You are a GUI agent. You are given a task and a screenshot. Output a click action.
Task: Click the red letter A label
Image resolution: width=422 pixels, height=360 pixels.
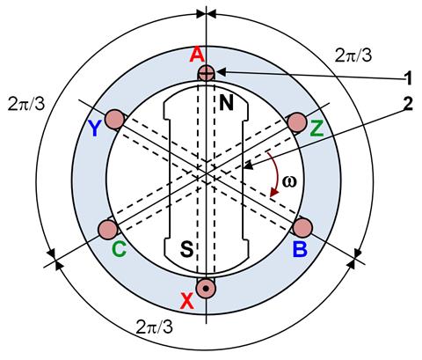[197, 55]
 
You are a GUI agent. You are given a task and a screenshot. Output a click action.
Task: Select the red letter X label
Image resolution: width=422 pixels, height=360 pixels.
[187, 301]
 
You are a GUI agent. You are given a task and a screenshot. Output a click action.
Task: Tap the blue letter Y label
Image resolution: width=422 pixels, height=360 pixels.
[94, 129]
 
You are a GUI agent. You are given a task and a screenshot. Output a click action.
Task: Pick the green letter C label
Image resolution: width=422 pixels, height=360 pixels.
[119, 249]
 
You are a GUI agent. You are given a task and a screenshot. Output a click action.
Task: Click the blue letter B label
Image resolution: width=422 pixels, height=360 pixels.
[300, 249]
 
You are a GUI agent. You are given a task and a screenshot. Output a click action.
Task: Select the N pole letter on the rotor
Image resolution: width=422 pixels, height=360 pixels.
[226, 103]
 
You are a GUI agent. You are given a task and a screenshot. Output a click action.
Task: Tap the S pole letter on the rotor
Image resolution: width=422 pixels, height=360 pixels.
[186, 249]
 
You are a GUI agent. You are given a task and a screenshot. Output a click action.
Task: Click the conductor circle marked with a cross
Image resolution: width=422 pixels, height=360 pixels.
[207, 72]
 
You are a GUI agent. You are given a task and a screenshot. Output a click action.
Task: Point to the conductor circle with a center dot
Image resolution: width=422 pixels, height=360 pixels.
[206, 289]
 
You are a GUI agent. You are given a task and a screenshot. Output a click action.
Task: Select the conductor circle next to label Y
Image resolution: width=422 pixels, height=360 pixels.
[114, 120]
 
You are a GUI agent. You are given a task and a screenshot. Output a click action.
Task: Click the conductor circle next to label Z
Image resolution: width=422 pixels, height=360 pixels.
[297, 122]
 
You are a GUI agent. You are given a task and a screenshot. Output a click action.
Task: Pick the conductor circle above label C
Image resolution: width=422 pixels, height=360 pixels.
[107, 230]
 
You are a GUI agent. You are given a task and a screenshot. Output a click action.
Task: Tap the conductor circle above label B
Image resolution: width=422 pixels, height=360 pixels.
[302, 228]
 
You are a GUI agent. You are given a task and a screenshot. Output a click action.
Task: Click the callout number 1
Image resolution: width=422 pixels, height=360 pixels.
[408, 78]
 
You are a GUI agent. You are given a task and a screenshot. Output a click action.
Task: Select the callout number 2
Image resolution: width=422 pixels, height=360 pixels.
[408, 103]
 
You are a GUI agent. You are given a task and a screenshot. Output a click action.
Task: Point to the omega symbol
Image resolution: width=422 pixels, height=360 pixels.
[289, 181]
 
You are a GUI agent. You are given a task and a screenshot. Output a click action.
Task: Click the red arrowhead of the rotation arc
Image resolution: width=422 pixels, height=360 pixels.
[274, 192]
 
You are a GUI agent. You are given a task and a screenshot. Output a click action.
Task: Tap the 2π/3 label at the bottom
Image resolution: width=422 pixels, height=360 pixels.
[155, 327]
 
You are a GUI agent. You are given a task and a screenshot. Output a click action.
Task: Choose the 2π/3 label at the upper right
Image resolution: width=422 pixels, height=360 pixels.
[353, 55]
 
